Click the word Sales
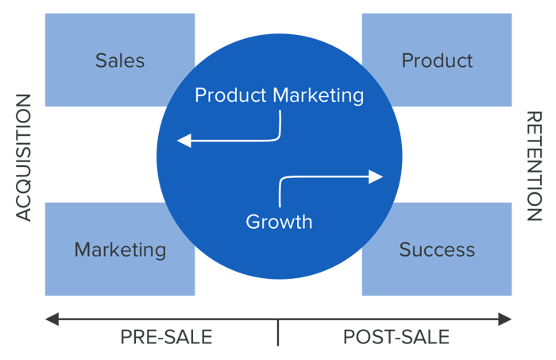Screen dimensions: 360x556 120,60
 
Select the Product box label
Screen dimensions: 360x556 437,60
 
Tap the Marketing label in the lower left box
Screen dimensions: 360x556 120,250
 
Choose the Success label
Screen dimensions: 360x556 437,250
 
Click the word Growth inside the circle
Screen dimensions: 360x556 279,222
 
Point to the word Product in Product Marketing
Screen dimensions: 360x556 230,96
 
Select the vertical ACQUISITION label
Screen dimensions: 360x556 24,157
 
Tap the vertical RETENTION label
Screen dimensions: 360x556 533,165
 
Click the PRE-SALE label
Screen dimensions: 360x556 166,337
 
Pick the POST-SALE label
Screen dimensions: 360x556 396,337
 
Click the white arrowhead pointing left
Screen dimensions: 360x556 183,141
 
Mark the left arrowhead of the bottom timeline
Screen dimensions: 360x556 50,319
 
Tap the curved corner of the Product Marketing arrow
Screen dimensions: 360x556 278,137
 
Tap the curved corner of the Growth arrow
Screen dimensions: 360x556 282,180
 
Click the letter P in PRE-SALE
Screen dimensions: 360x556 125,337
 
